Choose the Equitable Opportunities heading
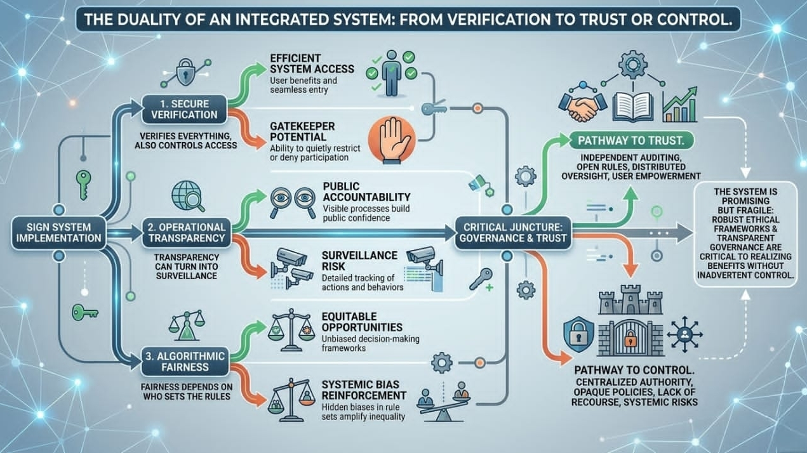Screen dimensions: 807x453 362,322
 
